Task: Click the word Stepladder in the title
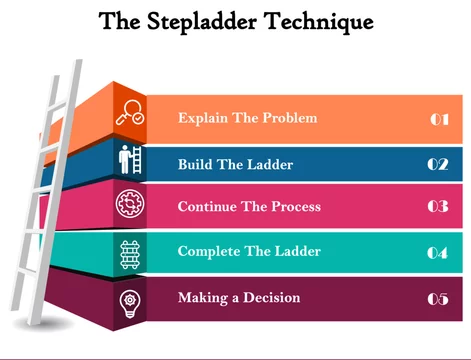tap(202, 22)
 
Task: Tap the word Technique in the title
tap(319, 22)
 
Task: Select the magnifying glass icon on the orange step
tap(130, 113)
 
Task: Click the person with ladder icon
tap(130, 159)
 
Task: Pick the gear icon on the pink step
tap(130, 203)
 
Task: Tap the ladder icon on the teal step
tap(130, 255)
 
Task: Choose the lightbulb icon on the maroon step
tap(130, 304)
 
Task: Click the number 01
tap(439, 119)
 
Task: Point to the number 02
tap(438, 164)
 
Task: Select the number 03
tap(438, 206)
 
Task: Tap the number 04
tap(438, 253)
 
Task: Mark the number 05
tap(438, 299)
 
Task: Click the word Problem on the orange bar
tap(290, 118)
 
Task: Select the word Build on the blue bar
tap(195, 164)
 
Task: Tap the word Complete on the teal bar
tap(209, 251)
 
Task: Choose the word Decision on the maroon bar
tap(272, 297)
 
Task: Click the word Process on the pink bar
tap(296, 206)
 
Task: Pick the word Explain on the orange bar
tap(203, 118)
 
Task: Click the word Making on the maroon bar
tap(203, 298)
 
